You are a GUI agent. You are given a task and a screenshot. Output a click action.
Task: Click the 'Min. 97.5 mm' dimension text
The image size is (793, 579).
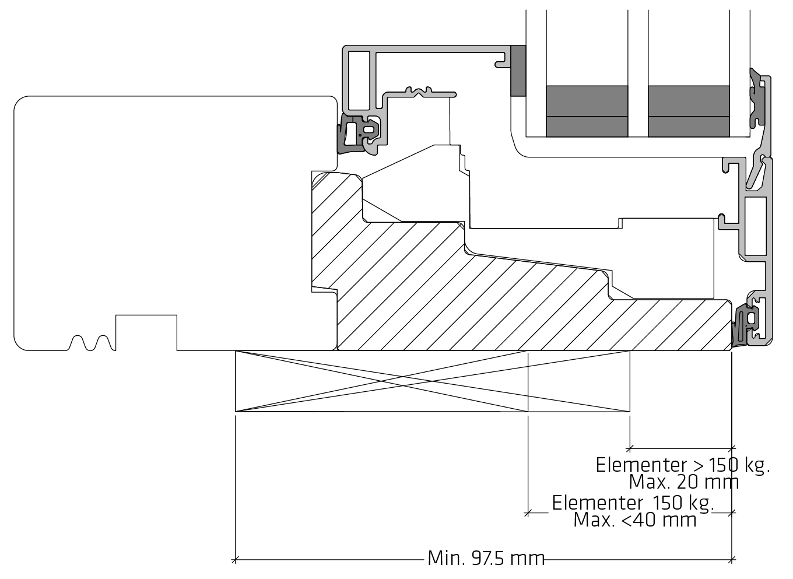(x=486, y=559)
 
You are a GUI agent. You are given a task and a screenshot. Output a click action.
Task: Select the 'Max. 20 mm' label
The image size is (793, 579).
(x=683, y=482)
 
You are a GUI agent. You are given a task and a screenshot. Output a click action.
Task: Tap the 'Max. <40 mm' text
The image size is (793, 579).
(x=635, y=520)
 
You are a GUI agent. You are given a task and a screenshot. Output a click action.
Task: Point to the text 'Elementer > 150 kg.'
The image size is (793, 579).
(x=682, y=465)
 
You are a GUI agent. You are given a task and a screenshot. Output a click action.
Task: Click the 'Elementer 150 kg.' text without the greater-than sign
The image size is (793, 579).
(x=633, y=503)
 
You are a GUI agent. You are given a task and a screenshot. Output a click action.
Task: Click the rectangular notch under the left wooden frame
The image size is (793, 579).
(x=146, y=332)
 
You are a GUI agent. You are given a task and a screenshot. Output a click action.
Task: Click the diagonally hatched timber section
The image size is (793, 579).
(x=466, y=303)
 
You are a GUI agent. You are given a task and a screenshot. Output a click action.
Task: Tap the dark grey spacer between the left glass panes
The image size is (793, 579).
(x=587, y=111)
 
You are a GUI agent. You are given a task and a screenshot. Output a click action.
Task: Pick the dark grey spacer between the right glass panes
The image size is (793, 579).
(x=689, y=111)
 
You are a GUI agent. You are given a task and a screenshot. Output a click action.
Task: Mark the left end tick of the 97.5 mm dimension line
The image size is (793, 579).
(x=235, y=560)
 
